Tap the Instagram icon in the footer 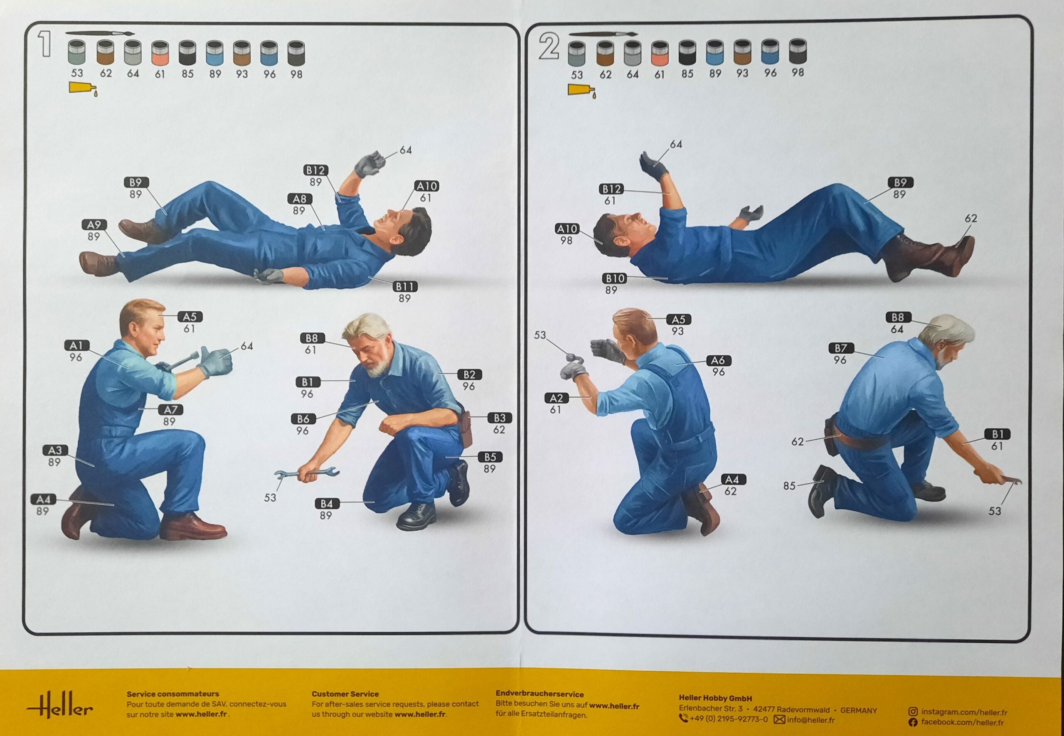point(913,712)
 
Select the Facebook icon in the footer point(913,722)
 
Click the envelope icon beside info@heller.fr point(779,719)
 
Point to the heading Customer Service point(345,694)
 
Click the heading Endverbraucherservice point(539,694)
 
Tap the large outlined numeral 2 point(549,47)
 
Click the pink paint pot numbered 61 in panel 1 point(160,52)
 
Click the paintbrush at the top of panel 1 point(100,33)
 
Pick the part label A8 point(300,199)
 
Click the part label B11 point(405,286)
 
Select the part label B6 point(303,419)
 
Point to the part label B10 point(614,278)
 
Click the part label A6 point(718,360)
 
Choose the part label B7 point(841,348)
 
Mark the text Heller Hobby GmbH point(715,699)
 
